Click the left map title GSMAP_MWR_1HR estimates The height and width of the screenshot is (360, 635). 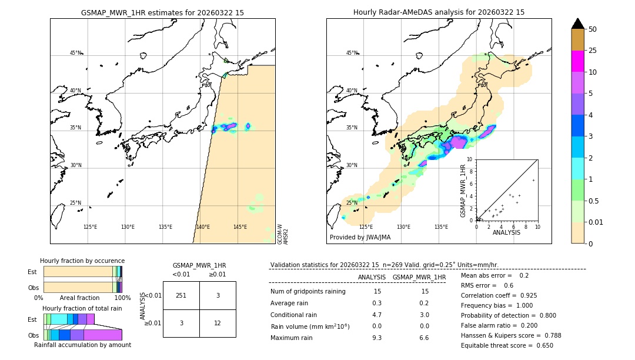pos(162,12)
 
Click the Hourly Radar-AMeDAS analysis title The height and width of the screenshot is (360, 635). pos(439,12)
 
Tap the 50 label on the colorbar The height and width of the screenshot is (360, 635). pos(593,29)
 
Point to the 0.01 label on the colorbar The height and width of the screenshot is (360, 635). pos(596,222)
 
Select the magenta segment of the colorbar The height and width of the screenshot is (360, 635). pos(577,61)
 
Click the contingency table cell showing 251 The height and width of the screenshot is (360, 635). pos(181,296)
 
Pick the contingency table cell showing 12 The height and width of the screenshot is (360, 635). pos(218,323)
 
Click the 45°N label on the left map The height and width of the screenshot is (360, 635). pos(75,53)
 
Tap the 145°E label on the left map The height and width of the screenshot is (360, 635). pos(240,227)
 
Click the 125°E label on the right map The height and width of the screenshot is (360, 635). pos(366,227)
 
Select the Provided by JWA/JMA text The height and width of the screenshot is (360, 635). pos(360,238)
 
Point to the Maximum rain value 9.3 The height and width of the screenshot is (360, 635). pos(377,338)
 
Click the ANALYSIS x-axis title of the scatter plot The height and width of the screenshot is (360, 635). pos(506,232)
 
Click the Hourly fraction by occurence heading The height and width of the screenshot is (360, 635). pos(82,261)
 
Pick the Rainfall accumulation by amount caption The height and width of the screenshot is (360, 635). pos(82,345)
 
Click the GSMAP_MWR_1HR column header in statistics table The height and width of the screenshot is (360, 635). pos(419,278)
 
